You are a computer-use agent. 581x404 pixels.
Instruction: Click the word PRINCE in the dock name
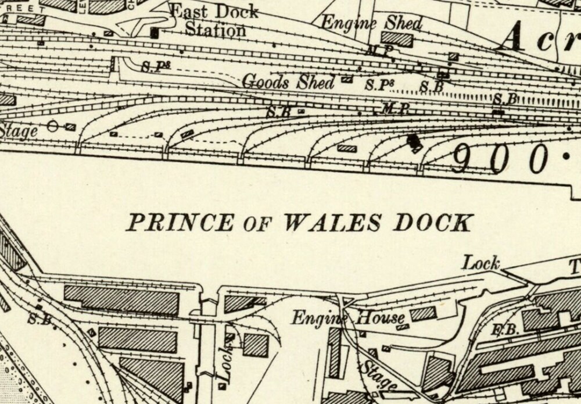point(180,223)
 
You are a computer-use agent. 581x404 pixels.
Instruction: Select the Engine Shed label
point(371,23)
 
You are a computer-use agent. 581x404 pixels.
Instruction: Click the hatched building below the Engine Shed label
point(397,39)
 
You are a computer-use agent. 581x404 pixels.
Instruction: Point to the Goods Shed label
point(288,82)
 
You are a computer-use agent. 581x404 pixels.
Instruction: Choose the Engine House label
point(347,318)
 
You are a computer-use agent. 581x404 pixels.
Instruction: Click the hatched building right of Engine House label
point(424,314)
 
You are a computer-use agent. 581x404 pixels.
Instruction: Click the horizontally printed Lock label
point(481,263)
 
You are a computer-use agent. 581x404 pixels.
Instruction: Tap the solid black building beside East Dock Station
point(155,33)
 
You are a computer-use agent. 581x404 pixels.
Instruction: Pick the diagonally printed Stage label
point(377,376)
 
